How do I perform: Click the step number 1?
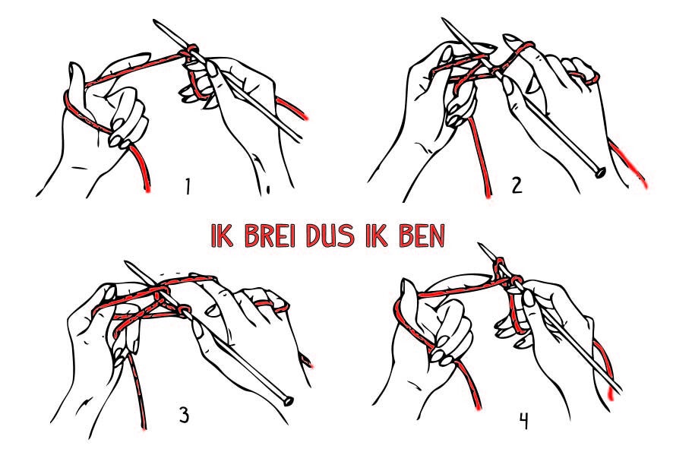pos(187,186)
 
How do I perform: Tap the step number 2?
pos(517,185)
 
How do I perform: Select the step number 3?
pos(184,416)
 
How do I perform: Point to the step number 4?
pos(523,421)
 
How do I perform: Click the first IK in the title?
pos(222,235)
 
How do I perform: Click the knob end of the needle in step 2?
pos(600,172)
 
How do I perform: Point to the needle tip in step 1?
pos(155,21)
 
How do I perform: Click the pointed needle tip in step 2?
pos(444,20)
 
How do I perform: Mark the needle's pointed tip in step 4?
pos(480,245)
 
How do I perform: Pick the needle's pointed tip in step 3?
pos(127,263)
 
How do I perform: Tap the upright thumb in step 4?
pos(407,295)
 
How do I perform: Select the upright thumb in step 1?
pos(76,81)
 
